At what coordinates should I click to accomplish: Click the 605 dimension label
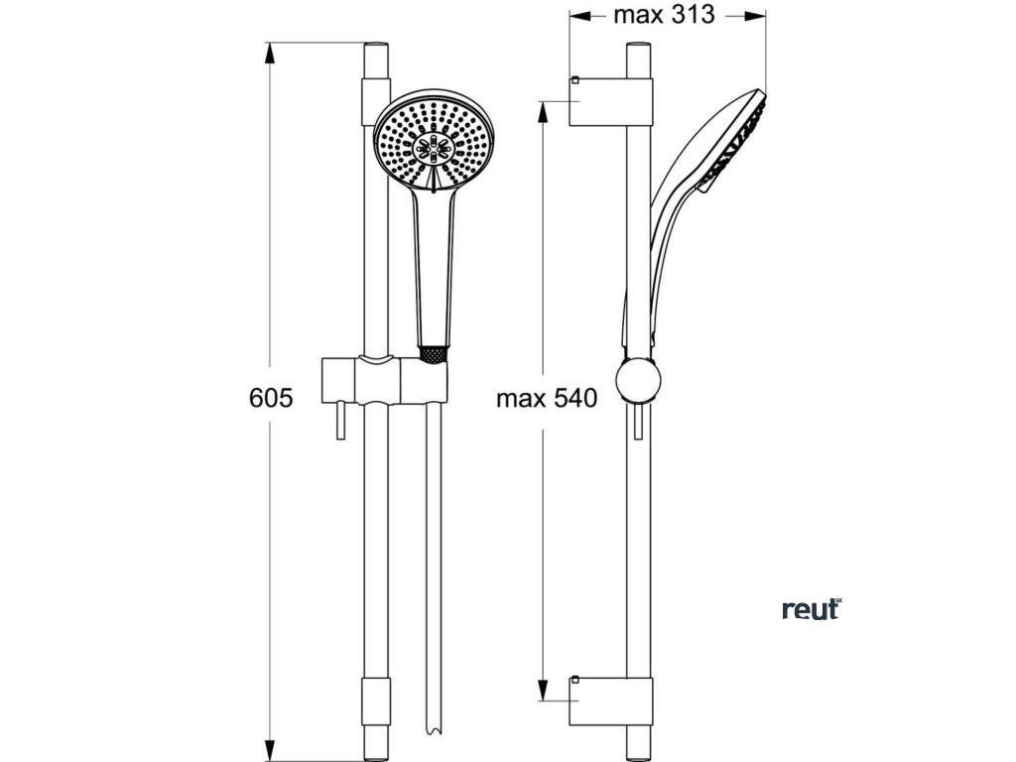[271, 399]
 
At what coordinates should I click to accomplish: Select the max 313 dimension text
[664, 16]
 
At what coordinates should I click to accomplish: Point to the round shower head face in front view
[433, 143]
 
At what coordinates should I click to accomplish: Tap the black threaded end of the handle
[433, 352]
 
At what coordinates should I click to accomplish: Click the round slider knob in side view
[635, 381]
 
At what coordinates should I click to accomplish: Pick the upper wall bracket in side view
[611, 102]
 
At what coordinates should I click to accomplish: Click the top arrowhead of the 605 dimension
[271, 52]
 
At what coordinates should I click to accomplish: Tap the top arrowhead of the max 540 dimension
[545, 108]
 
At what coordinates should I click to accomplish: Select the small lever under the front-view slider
[340, 421]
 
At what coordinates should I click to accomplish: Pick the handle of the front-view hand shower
[433, 268]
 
